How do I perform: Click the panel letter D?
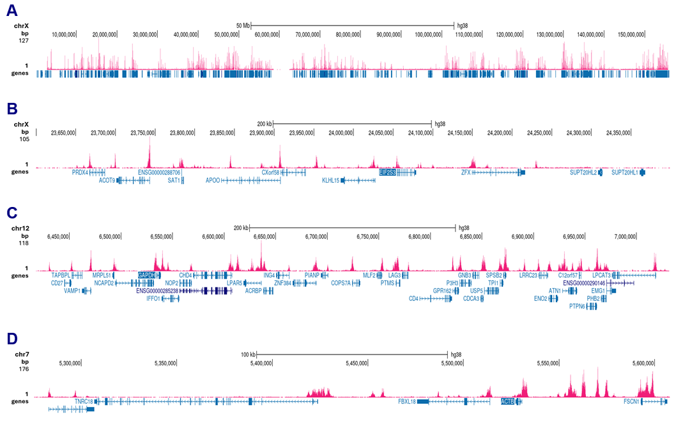click(12, 337)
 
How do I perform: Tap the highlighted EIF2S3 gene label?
click(387, 172)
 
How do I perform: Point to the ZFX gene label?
click(466, 172)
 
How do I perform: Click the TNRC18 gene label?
click(84, 401)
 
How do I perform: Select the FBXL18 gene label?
click(406, 401)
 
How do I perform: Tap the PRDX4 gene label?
click(80, 172)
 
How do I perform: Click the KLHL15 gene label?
click(331, 181)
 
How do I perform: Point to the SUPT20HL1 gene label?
click(624, 172)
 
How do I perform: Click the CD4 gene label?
click(413, 298)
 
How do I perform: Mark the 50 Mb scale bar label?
click(243, 26)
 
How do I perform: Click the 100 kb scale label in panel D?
click(248, 354)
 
